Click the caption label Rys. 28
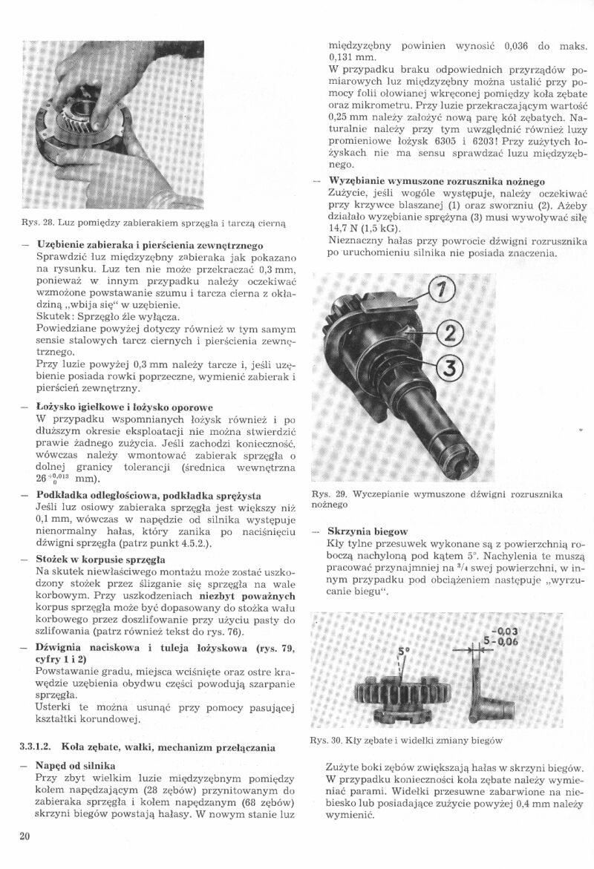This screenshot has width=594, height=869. [x=36, y=223]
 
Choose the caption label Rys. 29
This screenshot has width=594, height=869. [x=327, y=494]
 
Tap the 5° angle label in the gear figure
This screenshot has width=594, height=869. [x=405, y=652]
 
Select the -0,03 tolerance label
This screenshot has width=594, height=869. [x=506, y=632]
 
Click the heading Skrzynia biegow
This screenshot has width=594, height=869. [x=368, y=531]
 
